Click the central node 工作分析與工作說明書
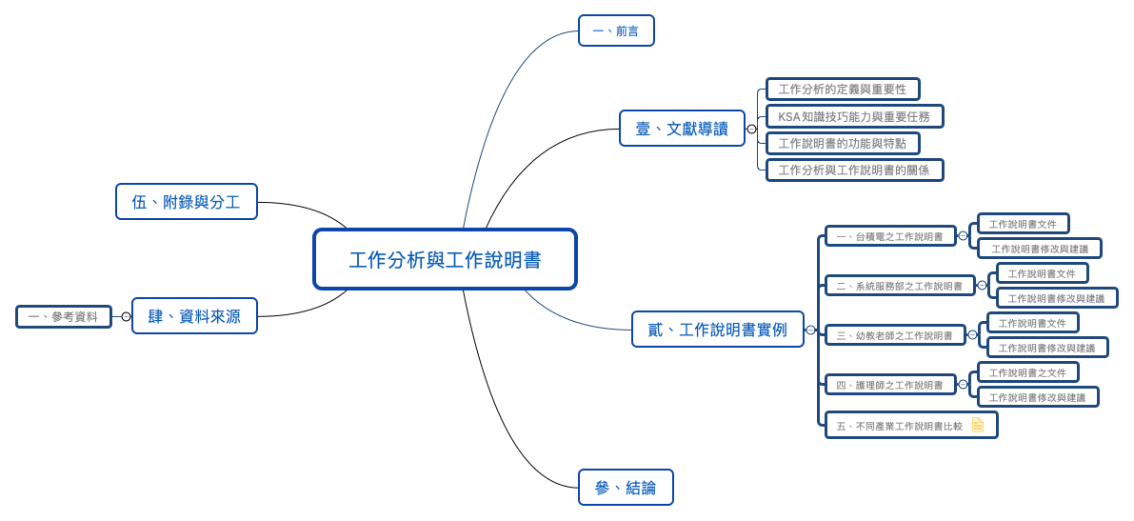pos(445,259)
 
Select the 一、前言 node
pos(616,30)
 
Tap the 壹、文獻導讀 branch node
pos(682,129)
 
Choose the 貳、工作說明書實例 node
pos(717,330)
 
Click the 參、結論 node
pos(626,488)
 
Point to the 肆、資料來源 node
pos(194,316)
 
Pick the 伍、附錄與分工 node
pos(187,202)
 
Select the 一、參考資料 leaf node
pos(63,317)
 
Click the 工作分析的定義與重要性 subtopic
pos(843,90)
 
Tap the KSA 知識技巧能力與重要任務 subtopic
pos(854,116)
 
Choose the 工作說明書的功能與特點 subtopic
pos(843,144)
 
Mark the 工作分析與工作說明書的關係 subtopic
pos(854,170)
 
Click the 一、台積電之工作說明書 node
pos(890,236)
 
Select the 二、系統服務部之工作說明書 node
pos(900,286)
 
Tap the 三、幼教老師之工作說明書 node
pos(895,335)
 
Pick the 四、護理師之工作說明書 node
pos(890,385)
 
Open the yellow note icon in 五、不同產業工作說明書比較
pos(978,425)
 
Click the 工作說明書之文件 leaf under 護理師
pos(1027,372)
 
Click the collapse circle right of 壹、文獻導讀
pos(751,129)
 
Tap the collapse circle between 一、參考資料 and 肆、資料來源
pos(126,317)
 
